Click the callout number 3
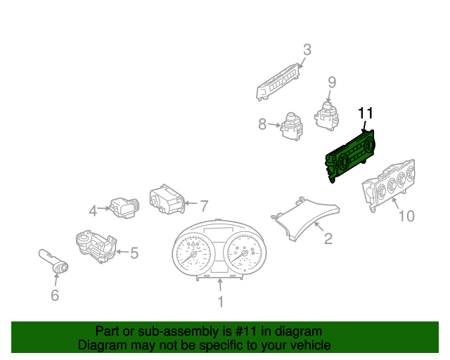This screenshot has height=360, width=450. point(307,50)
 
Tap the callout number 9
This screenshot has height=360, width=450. point(332,82)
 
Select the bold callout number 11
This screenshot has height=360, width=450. point(366,113)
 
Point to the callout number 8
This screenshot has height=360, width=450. point(262,124)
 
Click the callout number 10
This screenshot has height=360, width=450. point(406,216)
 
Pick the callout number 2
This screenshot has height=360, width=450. point(328,238)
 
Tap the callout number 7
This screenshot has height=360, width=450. point(204,206)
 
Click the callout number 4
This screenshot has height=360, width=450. point(93,212)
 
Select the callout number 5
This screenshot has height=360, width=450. point(134,253)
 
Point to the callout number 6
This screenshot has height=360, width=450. point(55,295)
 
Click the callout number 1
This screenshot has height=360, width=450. point(220,302)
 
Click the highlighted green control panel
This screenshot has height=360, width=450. point(349,157)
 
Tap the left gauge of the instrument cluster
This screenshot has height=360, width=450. point(195,254)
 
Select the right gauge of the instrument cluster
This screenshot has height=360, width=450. point(244,253)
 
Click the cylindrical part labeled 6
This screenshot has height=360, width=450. point(53,261)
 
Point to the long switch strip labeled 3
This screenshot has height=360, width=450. point(278,82)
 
